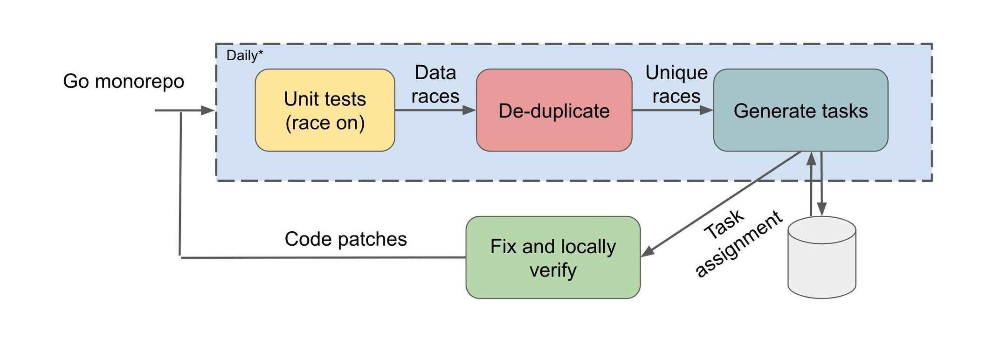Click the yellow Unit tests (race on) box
tap(325, 110)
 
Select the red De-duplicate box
tap(554, 110)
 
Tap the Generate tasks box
tap(800, 110)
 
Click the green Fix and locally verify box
tap(553, 257)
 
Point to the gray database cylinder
tap(821, 257)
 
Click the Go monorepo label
tap(124, 81)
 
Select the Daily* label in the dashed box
tap(245, 55)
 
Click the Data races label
tap(435, 84)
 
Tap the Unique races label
tap(676, 84)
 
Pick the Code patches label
tap(345, 239)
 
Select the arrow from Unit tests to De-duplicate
tap(435, 111)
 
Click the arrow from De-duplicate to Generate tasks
tap(673, 111)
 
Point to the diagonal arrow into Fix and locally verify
tap(721, 204)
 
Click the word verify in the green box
tap(553, 270)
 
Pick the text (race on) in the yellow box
tap(325, 123)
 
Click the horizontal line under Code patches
tap(323, 257)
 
